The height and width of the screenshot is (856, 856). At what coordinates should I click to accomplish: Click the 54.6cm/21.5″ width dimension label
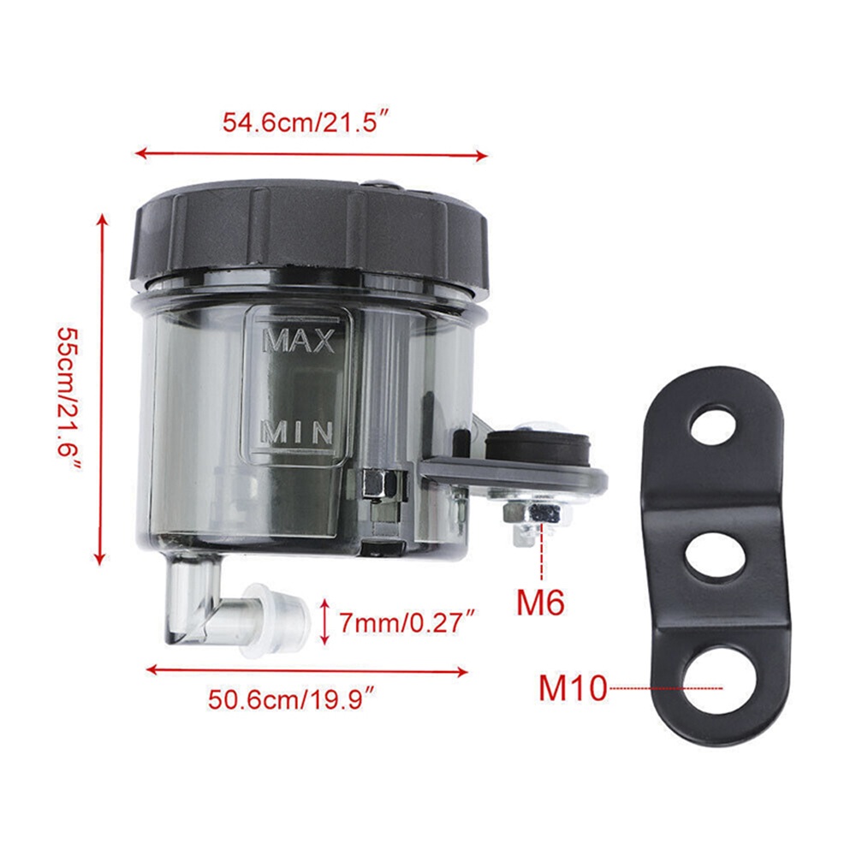tap(307, 122)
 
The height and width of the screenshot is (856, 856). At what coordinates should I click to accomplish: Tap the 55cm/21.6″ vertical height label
tap(70, 400)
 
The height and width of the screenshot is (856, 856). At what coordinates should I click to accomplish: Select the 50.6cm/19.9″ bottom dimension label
tap(292, 698)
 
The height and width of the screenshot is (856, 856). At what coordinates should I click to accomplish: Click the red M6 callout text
tap(540, 602)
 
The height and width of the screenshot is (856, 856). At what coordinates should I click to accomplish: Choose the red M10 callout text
tap(573, 688)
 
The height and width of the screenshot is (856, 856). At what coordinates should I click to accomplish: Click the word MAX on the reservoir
tap(299, 341)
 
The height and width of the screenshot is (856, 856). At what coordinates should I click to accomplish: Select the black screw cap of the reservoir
tap(309, 236)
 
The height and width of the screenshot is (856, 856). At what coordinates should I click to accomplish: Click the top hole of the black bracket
tap(714, 424)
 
